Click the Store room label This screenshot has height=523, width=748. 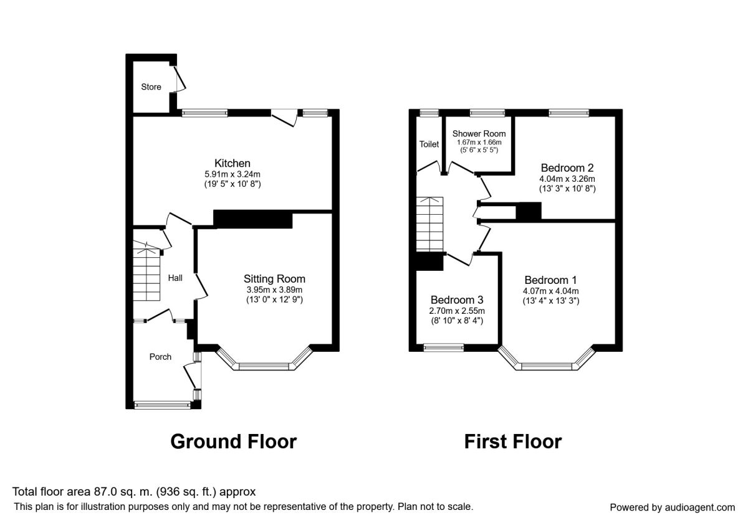[x=151, y=87]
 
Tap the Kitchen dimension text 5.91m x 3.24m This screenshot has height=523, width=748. [x=233, y=174]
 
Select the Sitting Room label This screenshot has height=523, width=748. [x=274, y=279]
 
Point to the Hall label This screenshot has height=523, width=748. [x=175, y=278]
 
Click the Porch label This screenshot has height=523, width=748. [x=160, y=357]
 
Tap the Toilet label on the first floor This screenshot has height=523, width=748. [x=429, y=144]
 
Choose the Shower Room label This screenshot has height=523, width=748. [x=479, y=134]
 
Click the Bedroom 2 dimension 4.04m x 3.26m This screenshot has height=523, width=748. [x=567, y=179]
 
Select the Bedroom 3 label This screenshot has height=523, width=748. [x=457, y=300]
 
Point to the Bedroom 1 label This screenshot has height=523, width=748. [x=550, y=280]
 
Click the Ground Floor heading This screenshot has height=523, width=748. [x=233, y=441]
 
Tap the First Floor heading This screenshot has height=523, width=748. [x=513, y=441]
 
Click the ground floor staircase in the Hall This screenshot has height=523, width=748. [x=146, y=270]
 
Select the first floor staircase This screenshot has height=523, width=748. [x=429, y=224]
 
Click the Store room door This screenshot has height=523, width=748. [x=180, y=78]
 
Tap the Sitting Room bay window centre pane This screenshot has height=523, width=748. [x=264, y=367]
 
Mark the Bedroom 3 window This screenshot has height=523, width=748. [x=444, y=348]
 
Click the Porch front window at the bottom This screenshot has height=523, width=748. [x=163, y=405]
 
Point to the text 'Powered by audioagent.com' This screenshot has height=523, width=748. [x=672, y=507]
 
